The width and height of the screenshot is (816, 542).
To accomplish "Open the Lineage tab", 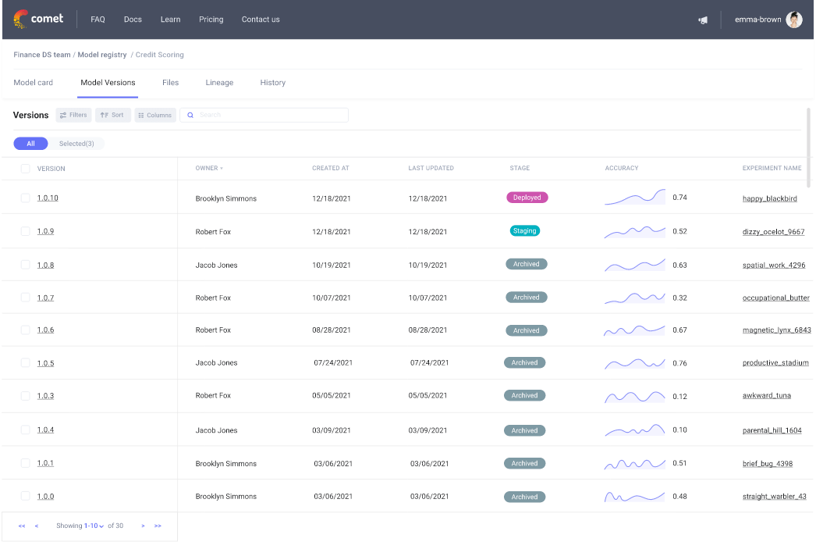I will pos(219,83).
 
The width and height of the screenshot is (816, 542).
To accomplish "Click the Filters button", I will pos(73,115).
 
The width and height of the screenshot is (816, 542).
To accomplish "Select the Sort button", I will pos(112,115).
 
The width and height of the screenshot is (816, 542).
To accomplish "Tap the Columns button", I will pos(154,115).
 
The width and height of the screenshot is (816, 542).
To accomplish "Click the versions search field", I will pos(265,115).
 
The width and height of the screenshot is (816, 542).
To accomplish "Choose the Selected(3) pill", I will pos(76,144).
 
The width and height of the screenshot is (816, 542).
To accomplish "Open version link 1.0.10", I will pos(48,198).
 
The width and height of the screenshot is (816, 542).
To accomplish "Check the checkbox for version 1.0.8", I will pos(25,265).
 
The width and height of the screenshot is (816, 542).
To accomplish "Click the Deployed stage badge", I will pos(527,198).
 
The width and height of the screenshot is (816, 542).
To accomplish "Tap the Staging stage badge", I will pos(525,231).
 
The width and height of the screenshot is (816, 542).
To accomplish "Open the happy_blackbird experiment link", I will pos(769,198).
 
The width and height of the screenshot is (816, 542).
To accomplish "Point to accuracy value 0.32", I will pos(679,298).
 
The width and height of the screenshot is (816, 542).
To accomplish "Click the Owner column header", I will pos(208,168).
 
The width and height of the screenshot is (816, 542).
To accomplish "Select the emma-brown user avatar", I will pos(793,20).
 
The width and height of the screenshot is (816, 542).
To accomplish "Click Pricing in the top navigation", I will pos(211,20).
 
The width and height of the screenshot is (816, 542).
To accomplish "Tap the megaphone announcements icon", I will pos(703,20).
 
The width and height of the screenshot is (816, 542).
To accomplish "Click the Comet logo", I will pos(39,19).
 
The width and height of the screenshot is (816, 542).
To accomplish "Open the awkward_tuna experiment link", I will pos(766,396).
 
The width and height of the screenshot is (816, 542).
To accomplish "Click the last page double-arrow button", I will pos(158,526).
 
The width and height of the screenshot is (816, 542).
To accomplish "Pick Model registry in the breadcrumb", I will pos(101,55).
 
